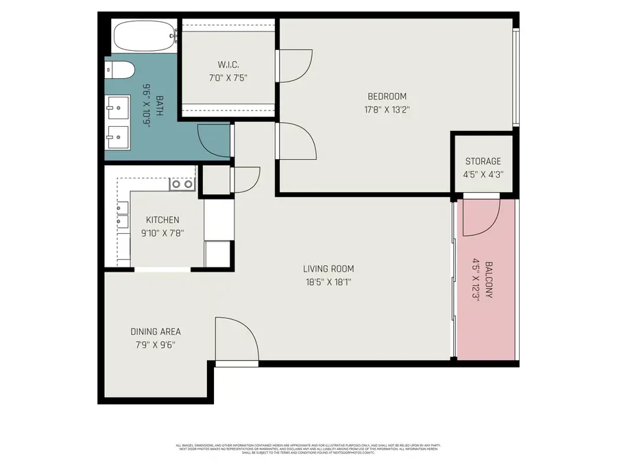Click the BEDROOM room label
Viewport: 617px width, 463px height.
tap(387, 96)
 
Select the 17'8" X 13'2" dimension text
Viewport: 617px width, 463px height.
tap(387, 109)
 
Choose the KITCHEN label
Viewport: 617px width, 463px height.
tap(162, 220)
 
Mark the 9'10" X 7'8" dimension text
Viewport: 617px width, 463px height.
tap(162, 233)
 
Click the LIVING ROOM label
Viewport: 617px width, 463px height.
tap(328, 269)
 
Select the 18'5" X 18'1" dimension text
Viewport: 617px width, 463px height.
tap(328, 282)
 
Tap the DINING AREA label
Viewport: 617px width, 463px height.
tap(156, 332)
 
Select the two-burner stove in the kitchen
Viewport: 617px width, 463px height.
tap(182, 184)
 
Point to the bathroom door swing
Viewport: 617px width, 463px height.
tap(213, 140)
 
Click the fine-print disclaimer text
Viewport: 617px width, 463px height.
tap(308, 449)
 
